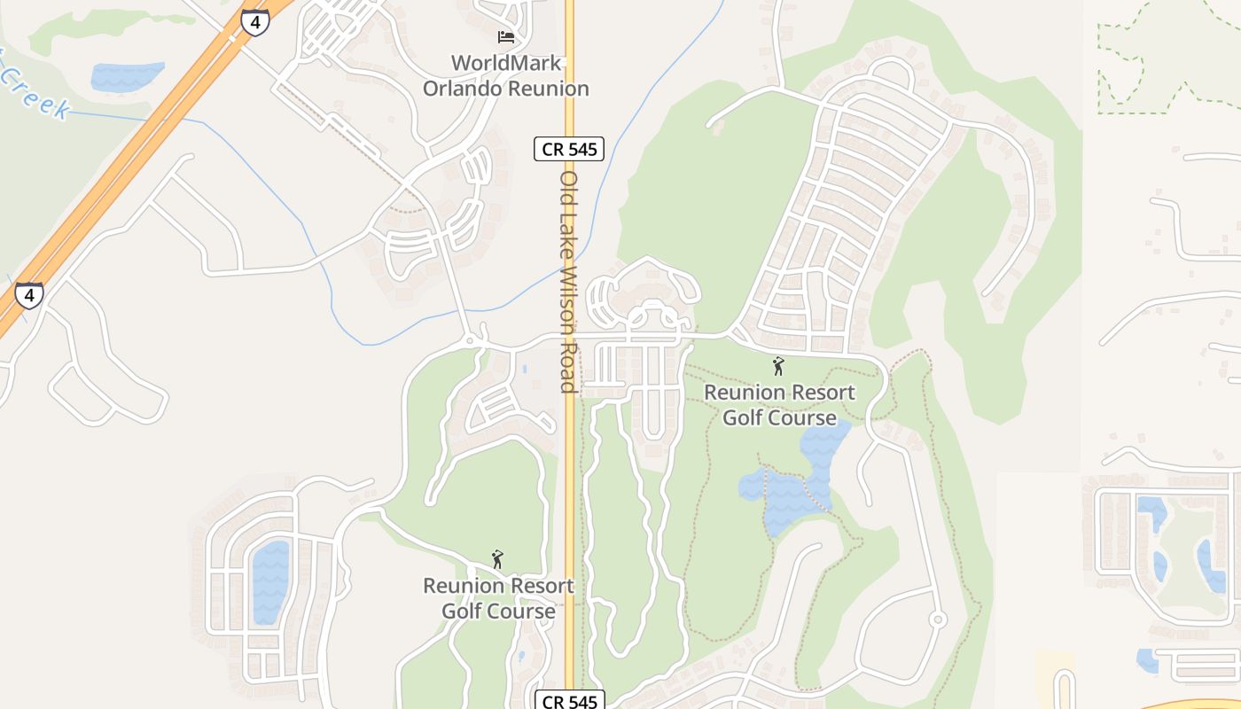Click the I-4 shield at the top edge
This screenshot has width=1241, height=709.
pos(255,23)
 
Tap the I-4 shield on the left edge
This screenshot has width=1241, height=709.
pos(29,295)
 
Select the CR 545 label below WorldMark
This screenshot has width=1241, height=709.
pos(569,149)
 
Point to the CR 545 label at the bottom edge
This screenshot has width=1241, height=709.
pos(569,701)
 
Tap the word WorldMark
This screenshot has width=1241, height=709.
pos(506,63)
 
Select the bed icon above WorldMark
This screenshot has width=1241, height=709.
pos(505,37)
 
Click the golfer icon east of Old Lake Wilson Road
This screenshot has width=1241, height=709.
pos(778,365)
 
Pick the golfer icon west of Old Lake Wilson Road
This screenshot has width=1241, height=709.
pos(497,559)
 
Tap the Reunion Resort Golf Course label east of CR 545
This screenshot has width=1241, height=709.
pos(779,404)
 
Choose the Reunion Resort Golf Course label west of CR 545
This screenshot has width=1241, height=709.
pos(498,598)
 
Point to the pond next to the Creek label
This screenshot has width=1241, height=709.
pos(127,76)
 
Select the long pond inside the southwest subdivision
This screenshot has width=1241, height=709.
pos(270,581)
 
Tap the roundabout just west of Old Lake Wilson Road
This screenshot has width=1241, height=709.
pos(470,340)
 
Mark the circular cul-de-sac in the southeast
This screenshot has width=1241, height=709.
pos(938,619)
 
